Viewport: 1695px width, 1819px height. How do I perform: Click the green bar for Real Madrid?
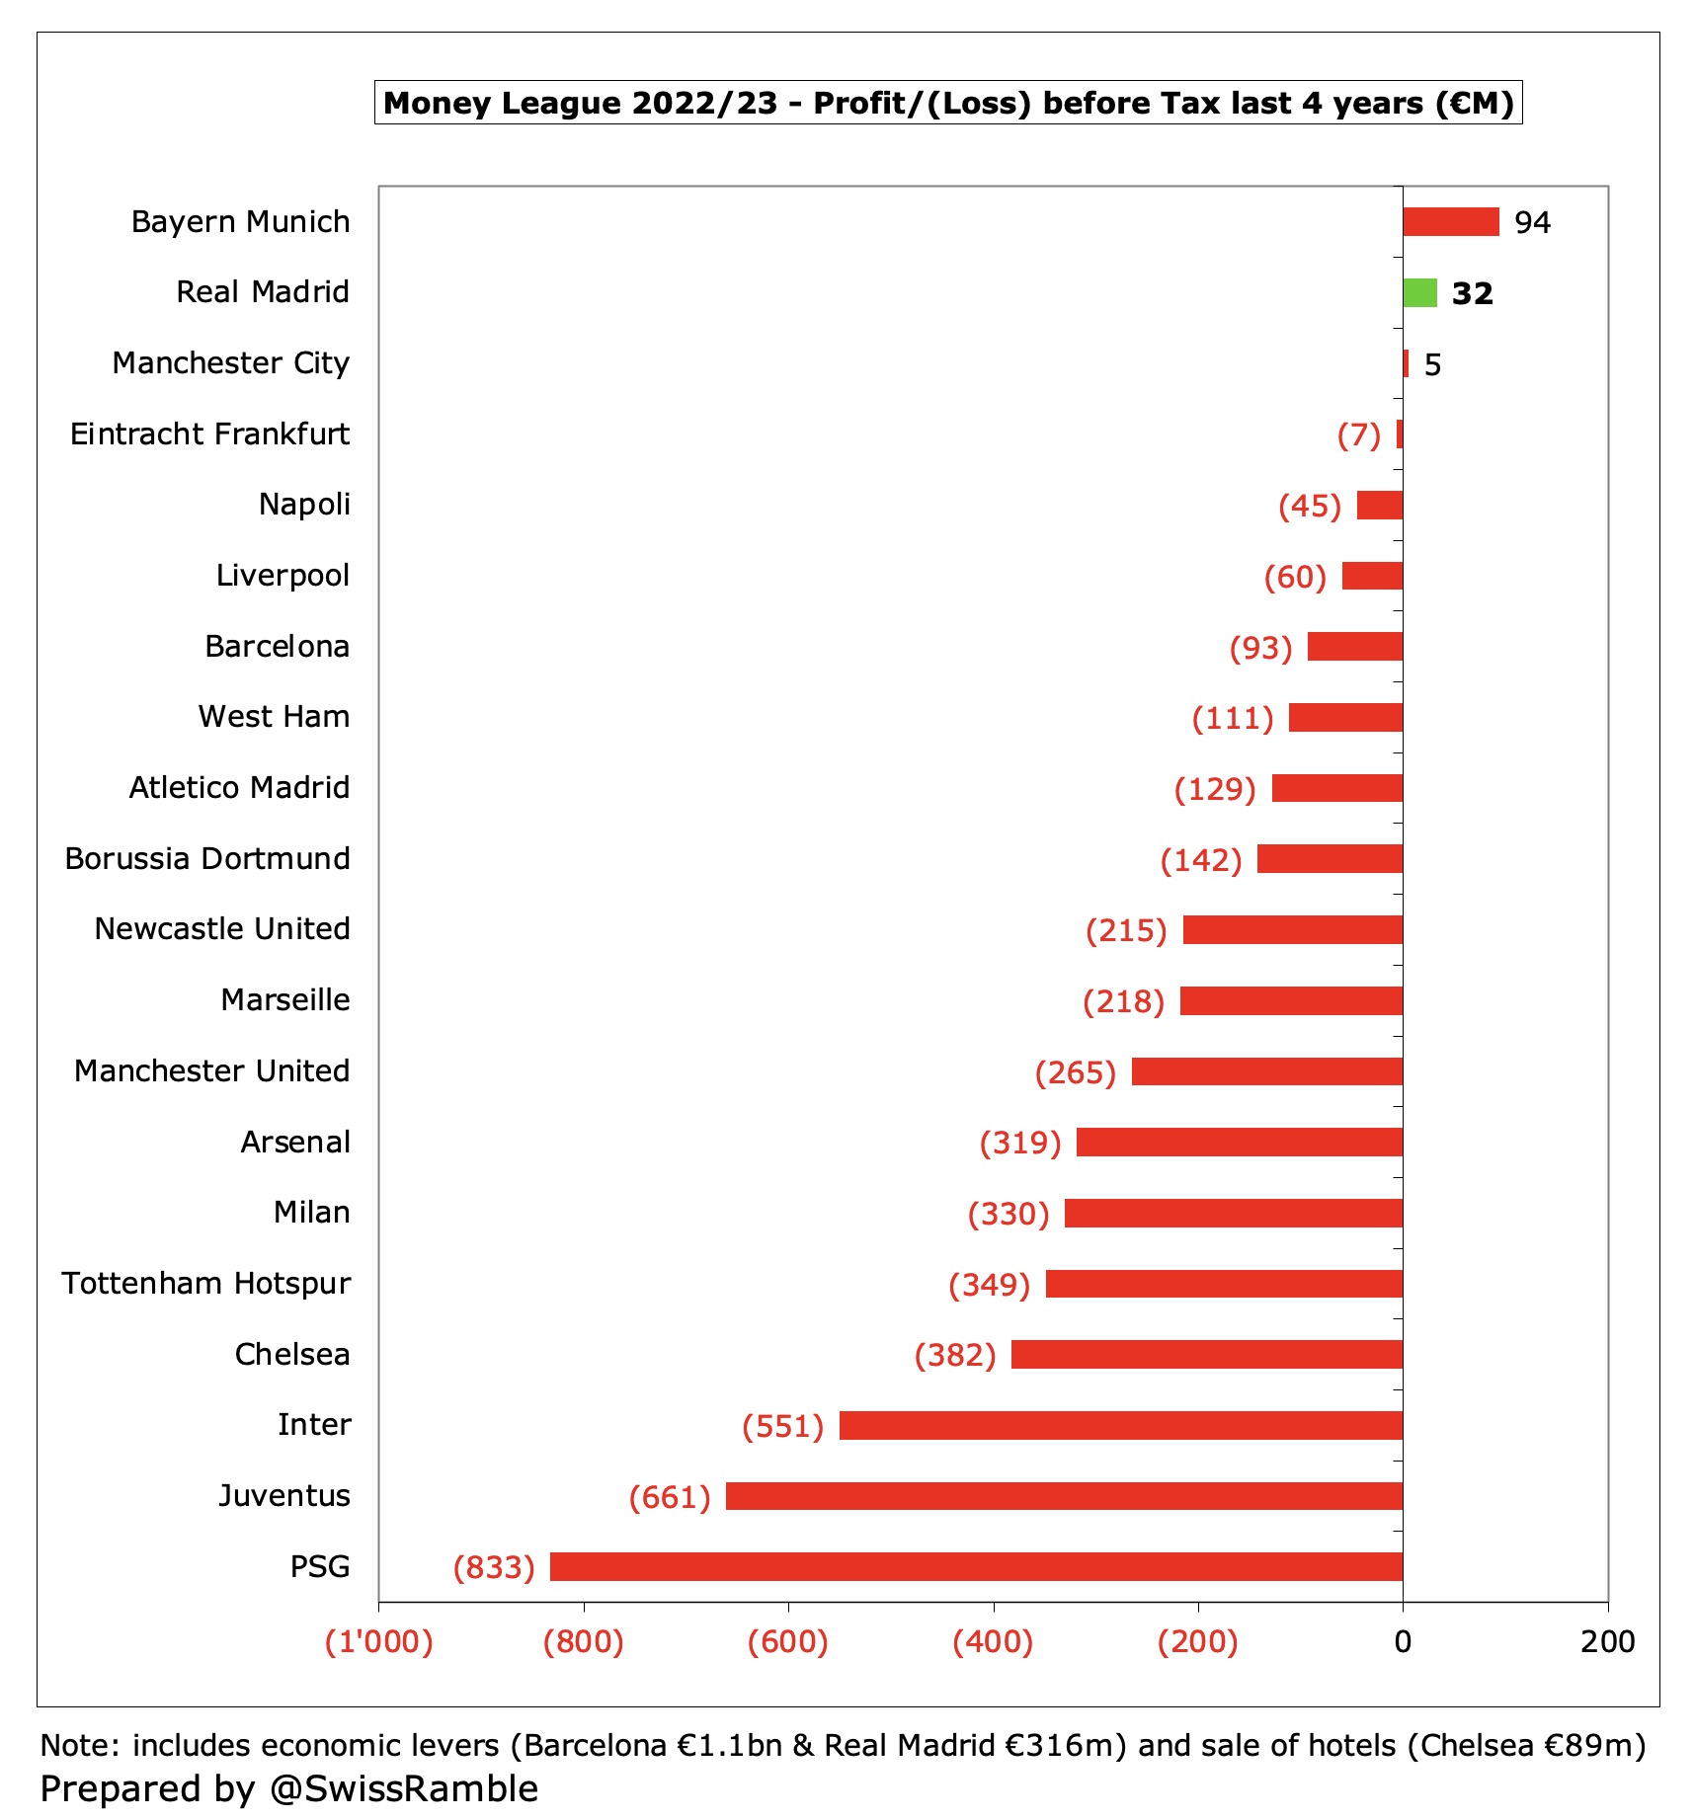1419,293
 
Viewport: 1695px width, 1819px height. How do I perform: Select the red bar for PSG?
976,1566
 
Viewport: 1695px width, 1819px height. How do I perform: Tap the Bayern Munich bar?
1450,222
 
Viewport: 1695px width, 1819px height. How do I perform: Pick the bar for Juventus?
1064,1496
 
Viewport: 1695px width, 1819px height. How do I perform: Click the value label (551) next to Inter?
782,1426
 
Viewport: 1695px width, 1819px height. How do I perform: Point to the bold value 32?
1472,294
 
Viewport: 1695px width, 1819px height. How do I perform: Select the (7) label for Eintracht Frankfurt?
1358,435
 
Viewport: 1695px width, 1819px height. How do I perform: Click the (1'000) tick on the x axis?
379,1641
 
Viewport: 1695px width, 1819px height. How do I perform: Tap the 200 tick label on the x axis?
1607,1641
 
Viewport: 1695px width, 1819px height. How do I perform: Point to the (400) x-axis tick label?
993,1641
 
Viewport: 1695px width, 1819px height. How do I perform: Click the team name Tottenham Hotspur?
205,1283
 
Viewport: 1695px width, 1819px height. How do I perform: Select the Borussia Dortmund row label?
207,858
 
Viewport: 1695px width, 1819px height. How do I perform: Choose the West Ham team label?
274,716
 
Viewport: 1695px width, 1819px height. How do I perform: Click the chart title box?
948,103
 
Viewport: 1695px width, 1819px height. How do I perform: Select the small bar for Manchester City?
1406,363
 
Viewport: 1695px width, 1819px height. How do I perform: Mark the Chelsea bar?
1206,1354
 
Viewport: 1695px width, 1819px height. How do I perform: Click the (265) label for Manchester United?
1075,1072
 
